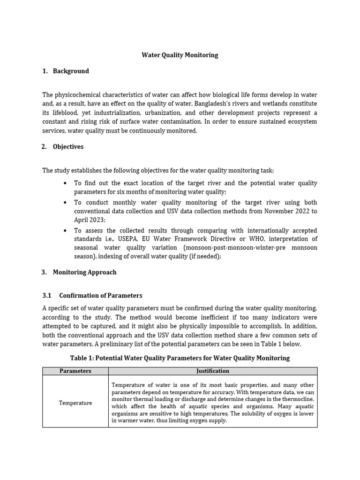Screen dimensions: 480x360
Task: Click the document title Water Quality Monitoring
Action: click(x=180, y=55)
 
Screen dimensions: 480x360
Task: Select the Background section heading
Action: click(x=70, y=71)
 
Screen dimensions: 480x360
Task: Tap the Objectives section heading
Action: click(x=68, y=147)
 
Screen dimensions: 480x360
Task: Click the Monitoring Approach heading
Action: click(x=84, y=272)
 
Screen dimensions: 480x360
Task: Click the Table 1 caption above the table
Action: click(x=180, y=358)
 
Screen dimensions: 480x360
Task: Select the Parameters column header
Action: click(x=75, y=371)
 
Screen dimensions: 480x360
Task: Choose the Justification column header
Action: click(x=212, y=371)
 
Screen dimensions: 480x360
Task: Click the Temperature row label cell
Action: click(x=75, y=403)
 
